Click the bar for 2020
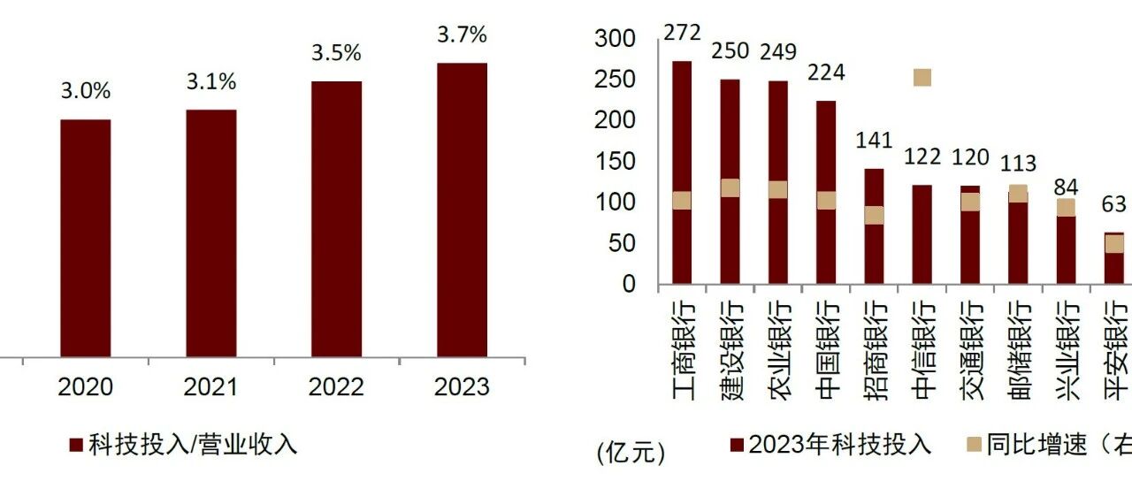86,238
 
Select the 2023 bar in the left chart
462,210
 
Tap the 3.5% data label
336,53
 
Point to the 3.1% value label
211,82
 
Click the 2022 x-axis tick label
336,387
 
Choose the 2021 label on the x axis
210,387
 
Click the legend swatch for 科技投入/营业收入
76,445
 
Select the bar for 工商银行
682,172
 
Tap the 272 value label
682,33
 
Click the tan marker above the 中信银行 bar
922,77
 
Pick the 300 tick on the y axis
615,38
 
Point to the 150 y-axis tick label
616,162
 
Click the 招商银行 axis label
875,352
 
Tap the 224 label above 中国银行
826,73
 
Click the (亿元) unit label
631,452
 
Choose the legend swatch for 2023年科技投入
738,445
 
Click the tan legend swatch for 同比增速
974,445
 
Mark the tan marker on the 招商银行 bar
875,215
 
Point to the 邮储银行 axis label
1019,352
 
